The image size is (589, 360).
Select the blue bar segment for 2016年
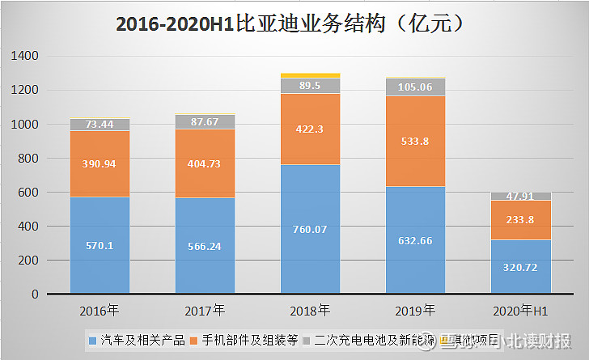point(100,245)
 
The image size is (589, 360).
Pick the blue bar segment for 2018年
point(310,229)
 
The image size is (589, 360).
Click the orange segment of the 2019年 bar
point(415,142)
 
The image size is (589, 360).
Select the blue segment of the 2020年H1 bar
point(520,267)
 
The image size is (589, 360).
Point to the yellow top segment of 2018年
point(310,75)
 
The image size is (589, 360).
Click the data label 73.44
point(100,125)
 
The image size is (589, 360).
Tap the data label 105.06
point(415,87)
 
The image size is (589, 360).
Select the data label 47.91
point(520,196)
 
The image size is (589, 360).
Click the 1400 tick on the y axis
point(28,56)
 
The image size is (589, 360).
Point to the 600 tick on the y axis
point(30,193)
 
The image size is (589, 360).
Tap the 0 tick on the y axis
point(36,294)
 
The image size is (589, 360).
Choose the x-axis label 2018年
point(310,311)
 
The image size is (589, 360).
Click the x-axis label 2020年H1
point(520,311)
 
